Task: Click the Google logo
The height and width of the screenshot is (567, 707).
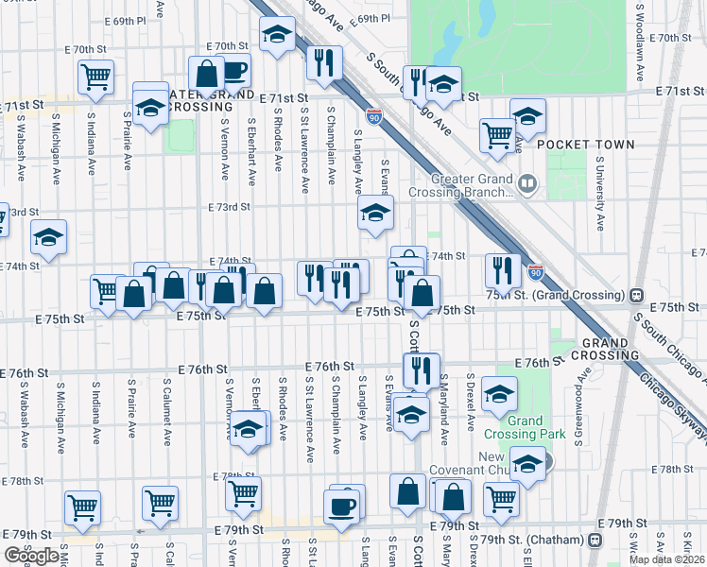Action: [31, 556]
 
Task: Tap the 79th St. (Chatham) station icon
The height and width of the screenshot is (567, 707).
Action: [594, 540]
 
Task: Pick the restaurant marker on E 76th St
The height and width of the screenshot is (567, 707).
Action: [421, 369]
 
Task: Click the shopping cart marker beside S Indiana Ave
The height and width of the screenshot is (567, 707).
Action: [95, 78]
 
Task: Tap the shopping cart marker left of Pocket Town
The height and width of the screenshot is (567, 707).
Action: [496, 134]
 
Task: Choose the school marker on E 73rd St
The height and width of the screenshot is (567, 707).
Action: [375, 214]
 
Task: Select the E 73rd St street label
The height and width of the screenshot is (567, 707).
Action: [229, 206]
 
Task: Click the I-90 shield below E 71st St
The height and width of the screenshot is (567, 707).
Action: [375, 117]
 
